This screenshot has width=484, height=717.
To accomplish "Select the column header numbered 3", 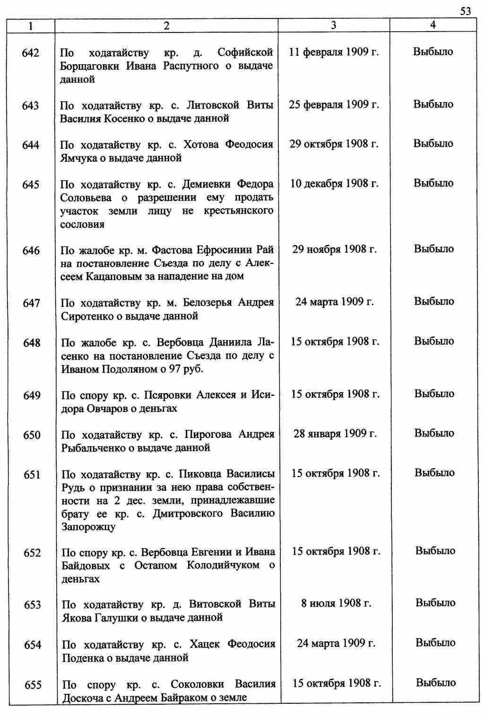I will (334, 25).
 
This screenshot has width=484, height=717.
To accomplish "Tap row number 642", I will (31, 53).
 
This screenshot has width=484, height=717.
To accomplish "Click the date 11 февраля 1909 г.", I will (334, 51).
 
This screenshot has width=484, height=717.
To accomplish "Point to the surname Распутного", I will (190, 66).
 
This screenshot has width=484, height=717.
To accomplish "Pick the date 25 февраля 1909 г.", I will (334, 104).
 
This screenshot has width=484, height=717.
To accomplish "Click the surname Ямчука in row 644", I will (77, 158).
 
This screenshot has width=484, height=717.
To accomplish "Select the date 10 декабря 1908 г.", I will (334, 183).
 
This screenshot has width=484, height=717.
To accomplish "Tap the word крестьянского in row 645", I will (239, 211).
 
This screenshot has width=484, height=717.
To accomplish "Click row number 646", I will (31, 250).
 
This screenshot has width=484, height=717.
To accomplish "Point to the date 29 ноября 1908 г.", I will (334, 249).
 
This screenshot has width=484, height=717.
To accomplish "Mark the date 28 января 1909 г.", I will (335, 433).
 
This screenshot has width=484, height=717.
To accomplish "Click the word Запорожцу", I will (88, 526).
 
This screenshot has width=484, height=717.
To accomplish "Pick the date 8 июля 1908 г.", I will (336, 603).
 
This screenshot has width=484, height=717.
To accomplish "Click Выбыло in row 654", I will (435, 642).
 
